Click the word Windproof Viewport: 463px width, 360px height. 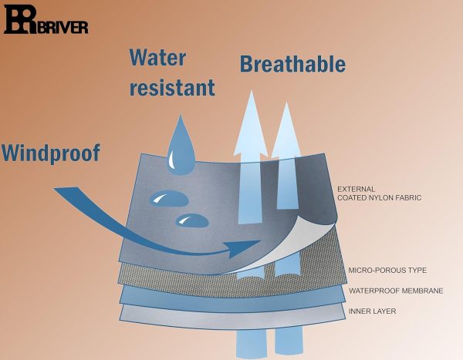(51, 153)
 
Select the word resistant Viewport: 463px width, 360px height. (172, 87)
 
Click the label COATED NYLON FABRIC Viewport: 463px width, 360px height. (381, 198)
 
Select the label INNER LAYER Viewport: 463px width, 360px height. (371, 311)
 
